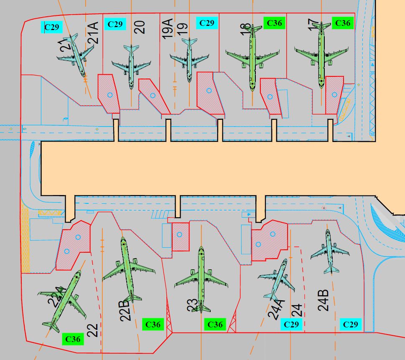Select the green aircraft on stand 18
252,57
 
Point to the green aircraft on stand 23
201,279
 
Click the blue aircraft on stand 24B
330,251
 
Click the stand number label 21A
93,33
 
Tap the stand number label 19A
168,28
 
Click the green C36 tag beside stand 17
343,23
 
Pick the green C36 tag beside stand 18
274,23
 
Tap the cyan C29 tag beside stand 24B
351,325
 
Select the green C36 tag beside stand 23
215,325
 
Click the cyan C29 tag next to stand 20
115,24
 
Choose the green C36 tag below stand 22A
73,339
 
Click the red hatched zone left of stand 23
180,236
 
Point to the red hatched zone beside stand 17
334,95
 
